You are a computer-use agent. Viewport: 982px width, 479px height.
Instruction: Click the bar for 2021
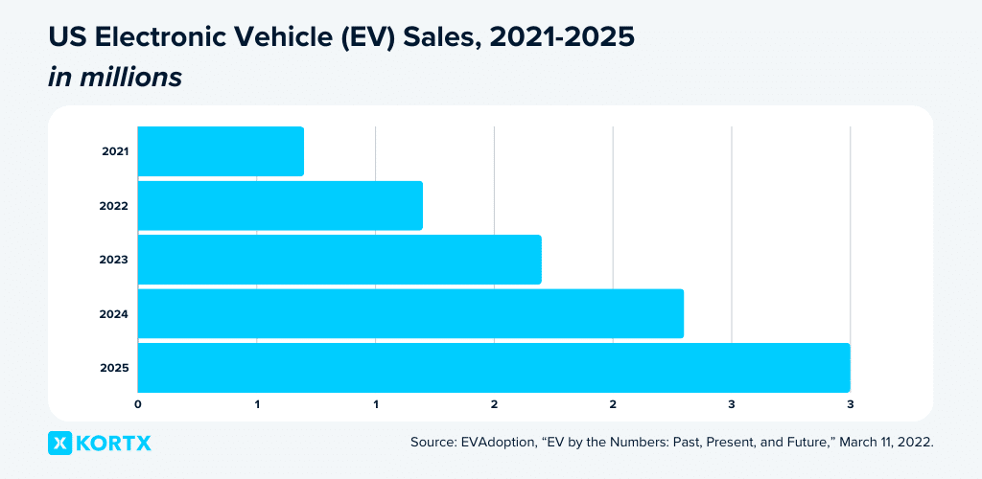pos(221,151)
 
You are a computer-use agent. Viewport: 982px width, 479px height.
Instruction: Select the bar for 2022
pos(280,205)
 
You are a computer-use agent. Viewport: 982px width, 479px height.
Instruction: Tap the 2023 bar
pos(339,260)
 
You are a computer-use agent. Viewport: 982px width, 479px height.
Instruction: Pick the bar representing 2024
pos(410,313)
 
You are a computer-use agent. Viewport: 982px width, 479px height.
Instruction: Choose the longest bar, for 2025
pos(494,368)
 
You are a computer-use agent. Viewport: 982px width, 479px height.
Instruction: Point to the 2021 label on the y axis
pos(115,151)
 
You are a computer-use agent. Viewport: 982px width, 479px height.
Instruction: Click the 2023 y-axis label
pos(115,260)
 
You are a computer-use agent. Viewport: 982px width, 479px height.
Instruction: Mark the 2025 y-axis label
pos(115,368)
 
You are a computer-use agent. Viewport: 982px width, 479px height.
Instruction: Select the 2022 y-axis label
pos(115,205)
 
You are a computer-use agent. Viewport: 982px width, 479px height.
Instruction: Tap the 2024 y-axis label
pos(115,313)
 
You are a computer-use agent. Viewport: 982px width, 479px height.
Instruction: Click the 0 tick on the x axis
pos(138,403)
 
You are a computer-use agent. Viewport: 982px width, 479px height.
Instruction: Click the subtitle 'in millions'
pos(115,78)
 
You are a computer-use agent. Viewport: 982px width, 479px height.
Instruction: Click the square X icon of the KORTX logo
pos(59,443)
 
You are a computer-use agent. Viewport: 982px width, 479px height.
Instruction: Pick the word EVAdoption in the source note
pos(501,443)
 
